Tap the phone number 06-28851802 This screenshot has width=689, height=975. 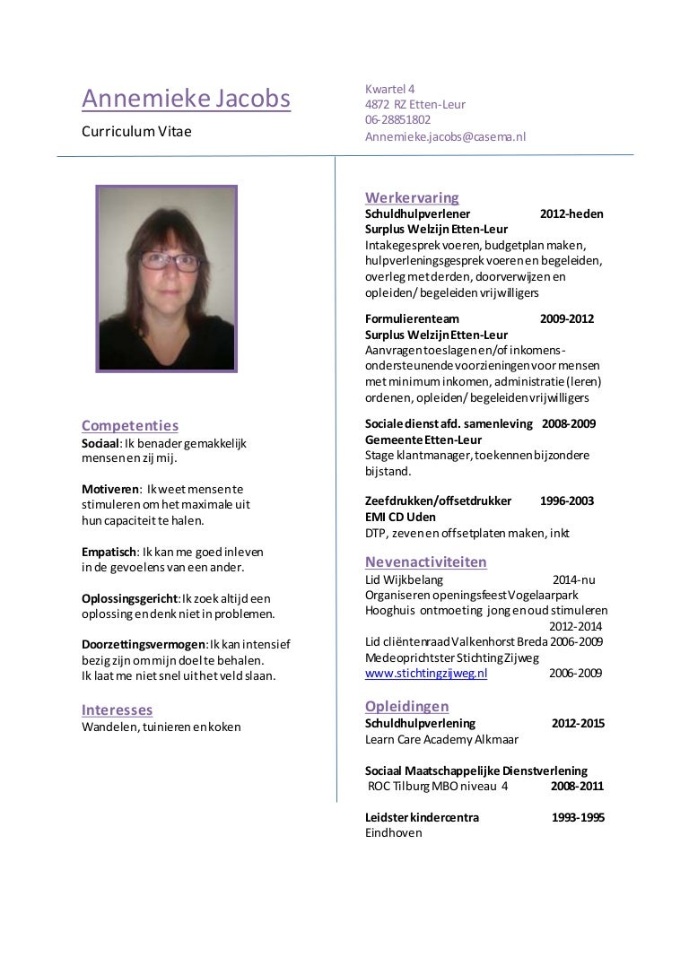[x=397, y=119]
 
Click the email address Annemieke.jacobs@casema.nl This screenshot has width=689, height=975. [x=445, y=135]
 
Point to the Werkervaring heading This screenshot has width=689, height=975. [x=412, y=197]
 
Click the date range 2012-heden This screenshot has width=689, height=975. [x=571, y=213]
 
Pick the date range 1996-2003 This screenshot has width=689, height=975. [x=567, y=501]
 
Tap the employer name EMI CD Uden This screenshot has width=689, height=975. [x=400, y=517]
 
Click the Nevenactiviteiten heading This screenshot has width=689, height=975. [x=426, y=562]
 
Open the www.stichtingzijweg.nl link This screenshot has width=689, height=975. [x=426, y=673]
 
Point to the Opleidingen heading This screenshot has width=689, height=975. [x=407, y=707]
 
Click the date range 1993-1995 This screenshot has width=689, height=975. [x=577, y=817]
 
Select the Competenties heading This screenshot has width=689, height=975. [x=130, y=425]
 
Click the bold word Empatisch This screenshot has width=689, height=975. [x=108, y=551]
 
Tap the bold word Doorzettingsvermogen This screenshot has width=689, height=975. [x=144, y=645]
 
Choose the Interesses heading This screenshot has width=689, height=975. [x=117, y=709]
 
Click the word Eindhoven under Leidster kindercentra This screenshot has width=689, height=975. [x=393, y=833]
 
